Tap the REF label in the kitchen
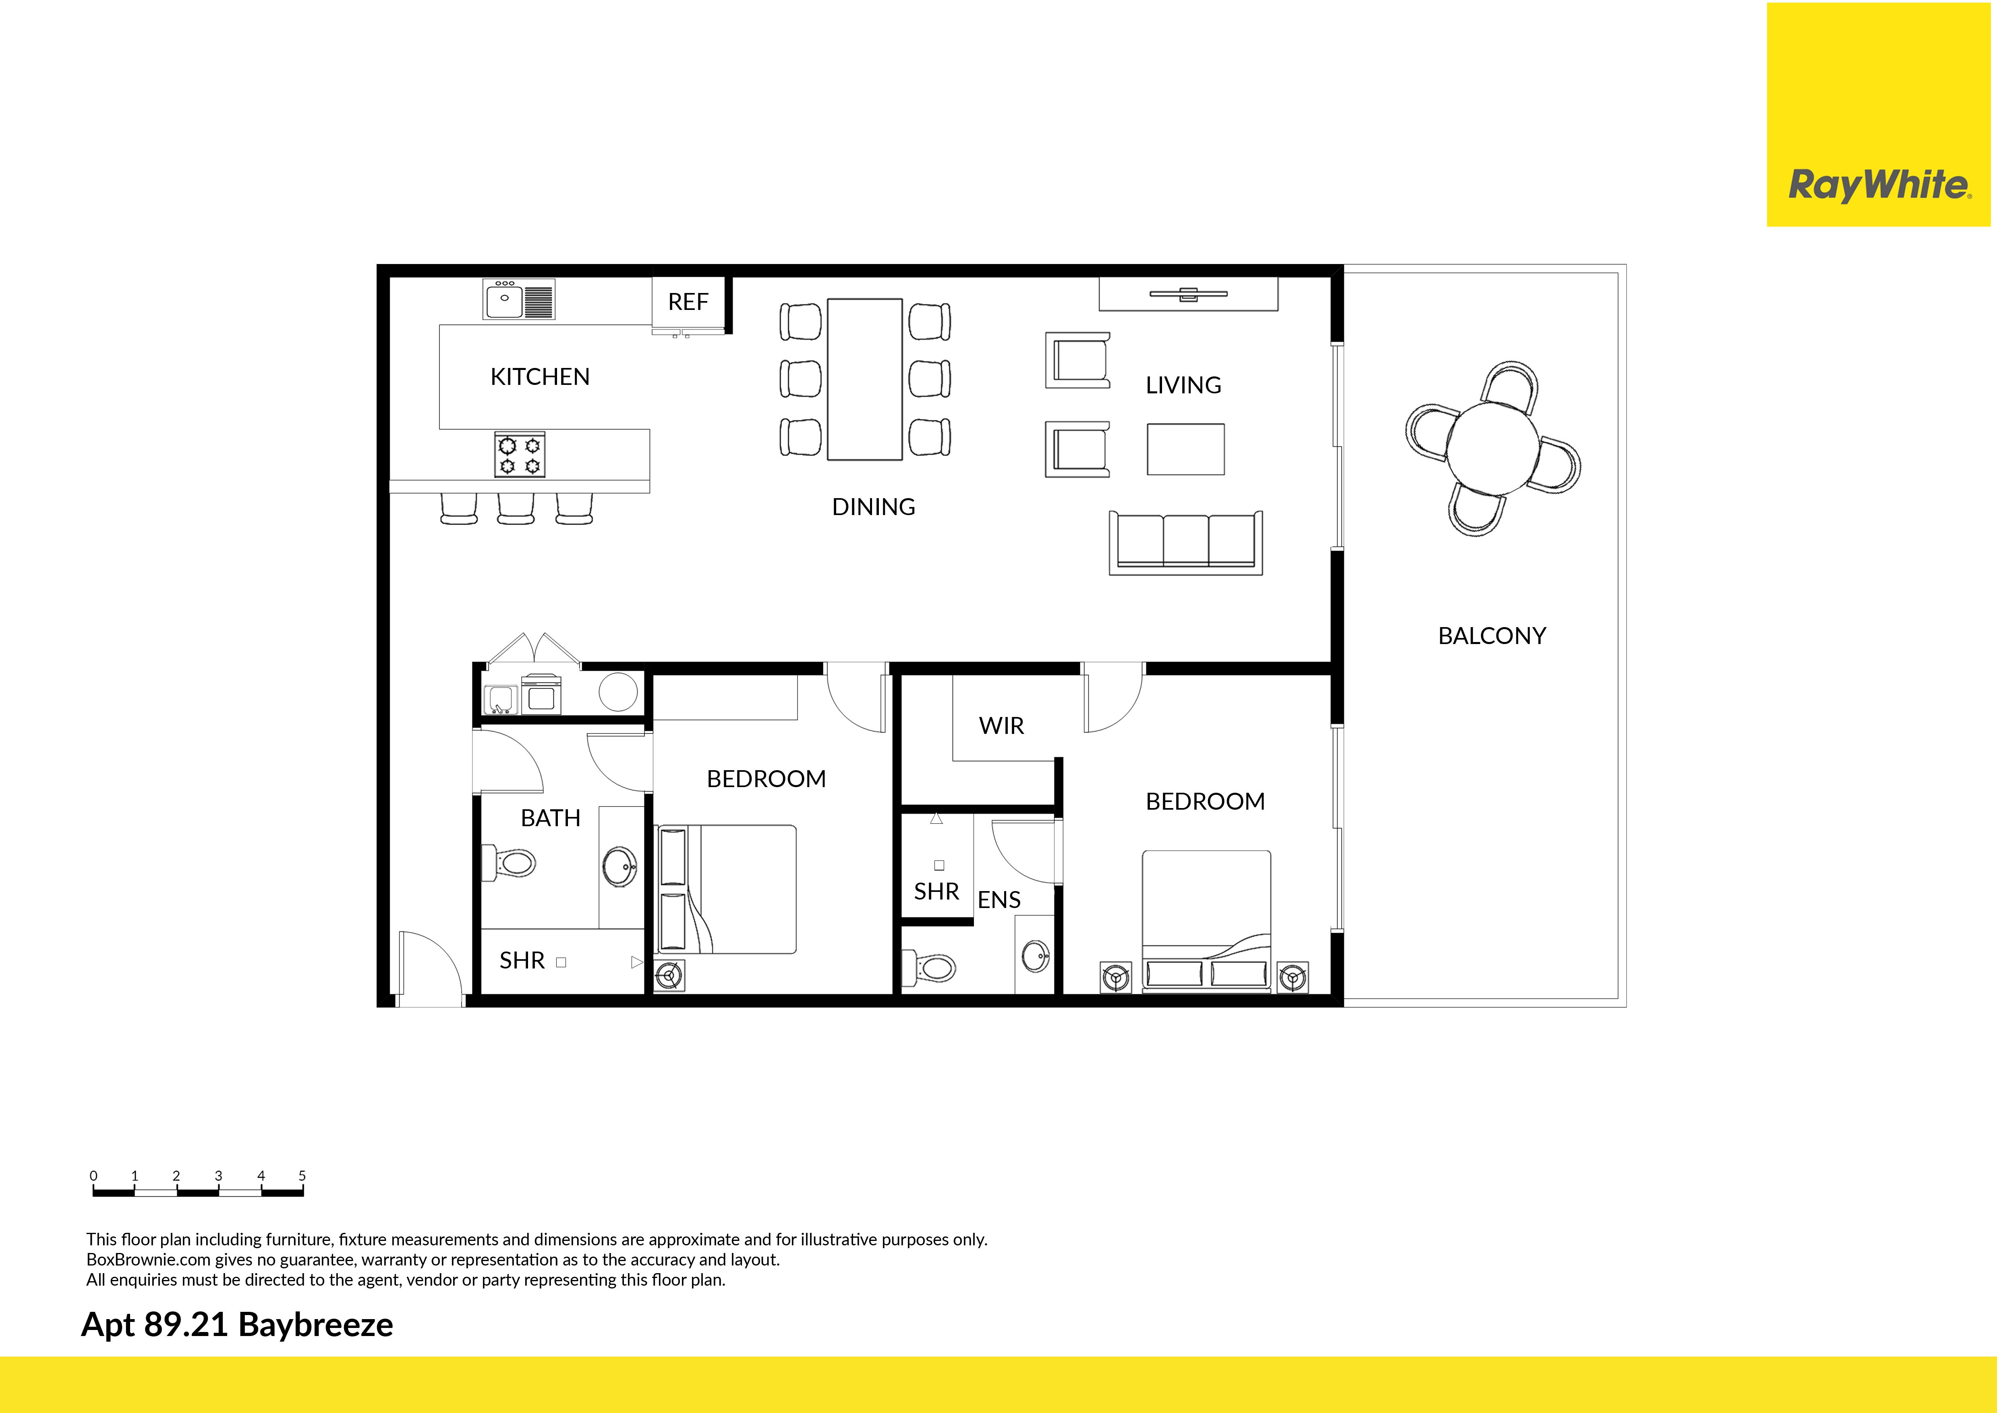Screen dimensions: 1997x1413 coord(688,302)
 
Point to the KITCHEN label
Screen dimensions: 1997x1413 coord(540,377)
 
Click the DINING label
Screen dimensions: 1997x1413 coord(873,507)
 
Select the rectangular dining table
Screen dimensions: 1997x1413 coord(864,379)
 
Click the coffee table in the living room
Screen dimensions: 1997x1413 coord(1185,449)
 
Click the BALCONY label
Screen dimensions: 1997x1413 coord(1492,636)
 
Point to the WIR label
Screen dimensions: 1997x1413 coord(1001,725)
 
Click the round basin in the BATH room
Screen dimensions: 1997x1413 coord(619,867)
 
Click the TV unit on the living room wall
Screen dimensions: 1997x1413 coord(1188,294)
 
